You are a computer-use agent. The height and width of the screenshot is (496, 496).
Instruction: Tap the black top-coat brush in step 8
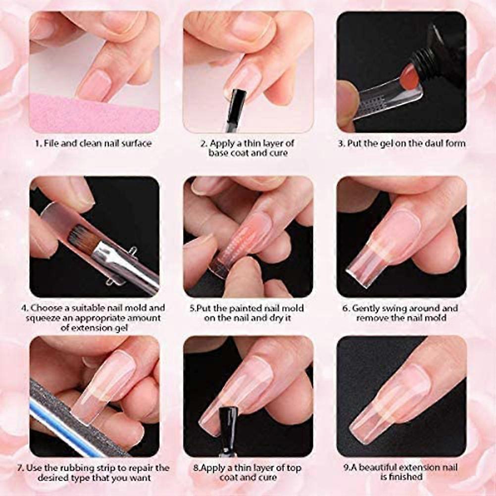(229, 421)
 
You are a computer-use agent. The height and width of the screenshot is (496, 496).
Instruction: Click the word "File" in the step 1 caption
(51, 143)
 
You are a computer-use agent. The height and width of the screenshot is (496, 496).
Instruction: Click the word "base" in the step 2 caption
(219, 153)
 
